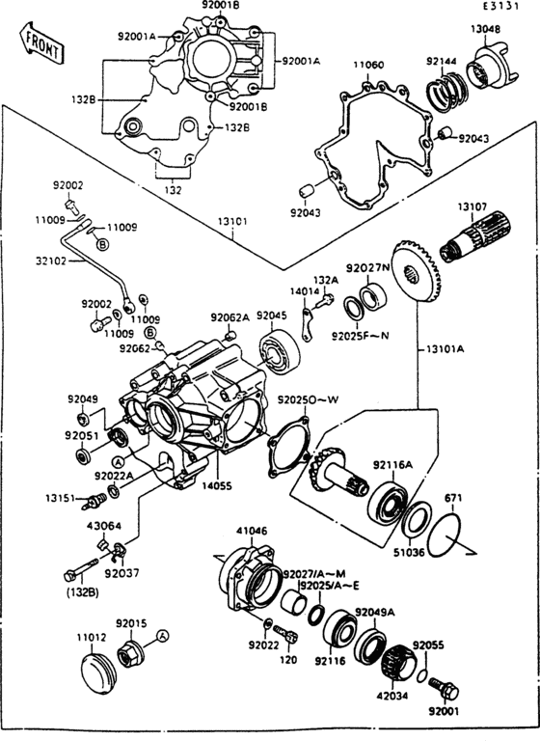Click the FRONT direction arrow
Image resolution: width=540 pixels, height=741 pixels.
point(40,41)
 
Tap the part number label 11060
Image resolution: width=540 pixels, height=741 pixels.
point(367,65)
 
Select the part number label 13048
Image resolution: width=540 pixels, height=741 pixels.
point(485,29)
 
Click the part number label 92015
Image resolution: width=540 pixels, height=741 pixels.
point(131,623)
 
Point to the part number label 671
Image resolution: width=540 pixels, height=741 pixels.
point(453,498)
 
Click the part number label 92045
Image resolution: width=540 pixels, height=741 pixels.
point(270,316)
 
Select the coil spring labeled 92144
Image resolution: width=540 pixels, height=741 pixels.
point(445,95)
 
